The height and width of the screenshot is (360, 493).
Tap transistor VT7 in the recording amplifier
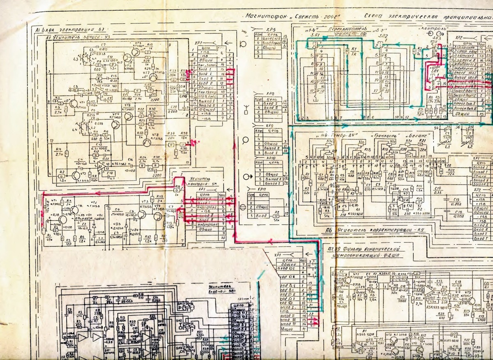pyautogui.click(x=152, y=76)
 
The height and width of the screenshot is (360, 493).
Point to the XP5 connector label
pyautogui.click(x=271, y=30)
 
